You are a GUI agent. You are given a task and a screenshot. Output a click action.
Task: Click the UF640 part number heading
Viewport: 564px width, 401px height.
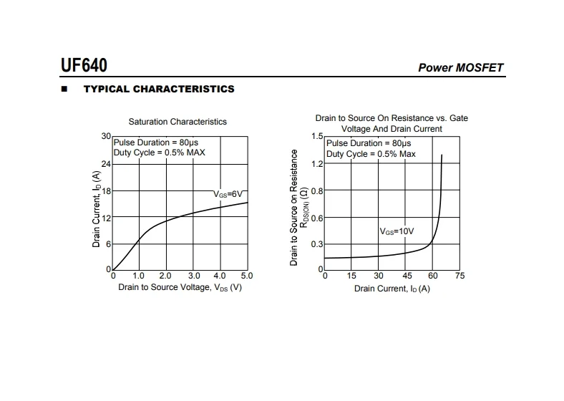84,66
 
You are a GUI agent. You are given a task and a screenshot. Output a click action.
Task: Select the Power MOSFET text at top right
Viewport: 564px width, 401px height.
460,68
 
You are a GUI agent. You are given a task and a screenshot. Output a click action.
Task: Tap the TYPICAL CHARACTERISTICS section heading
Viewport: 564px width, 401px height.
159,90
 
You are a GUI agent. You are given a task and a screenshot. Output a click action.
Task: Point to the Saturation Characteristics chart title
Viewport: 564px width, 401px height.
178,122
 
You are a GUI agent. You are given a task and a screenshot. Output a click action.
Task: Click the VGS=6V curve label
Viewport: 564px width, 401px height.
229,194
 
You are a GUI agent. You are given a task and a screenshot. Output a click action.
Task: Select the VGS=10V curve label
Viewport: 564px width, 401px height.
397,231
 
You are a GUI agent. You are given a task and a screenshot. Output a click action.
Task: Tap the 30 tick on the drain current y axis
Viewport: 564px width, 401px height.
106,136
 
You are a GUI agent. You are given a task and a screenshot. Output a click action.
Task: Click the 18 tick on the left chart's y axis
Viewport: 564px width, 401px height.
106,191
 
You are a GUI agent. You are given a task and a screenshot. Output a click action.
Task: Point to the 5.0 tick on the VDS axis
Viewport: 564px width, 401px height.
247,276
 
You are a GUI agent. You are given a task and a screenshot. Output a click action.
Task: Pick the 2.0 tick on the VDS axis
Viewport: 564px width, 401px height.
165,276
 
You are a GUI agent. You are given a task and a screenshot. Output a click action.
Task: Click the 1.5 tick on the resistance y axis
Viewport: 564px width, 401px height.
318,136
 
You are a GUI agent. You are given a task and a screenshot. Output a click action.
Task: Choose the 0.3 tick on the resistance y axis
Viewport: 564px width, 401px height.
318,245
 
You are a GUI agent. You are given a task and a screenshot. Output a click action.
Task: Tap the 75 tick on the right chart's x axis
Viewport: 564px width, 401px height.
460,276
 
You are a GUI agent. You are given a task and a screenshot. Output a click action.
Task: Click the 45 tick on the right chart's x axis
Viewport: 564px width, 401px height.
406,276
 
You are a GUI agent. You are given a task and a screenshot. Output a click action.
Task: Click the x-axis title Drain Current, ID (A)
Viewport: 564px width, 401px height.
392,289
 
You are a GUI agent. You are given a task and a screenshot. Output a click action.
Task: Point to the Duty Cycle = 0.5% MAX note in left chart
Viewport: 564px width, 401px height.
160,153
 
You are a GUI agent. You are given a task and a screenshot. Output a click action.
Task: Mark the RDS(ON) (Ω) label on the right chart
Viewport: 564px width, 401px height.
304,208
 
